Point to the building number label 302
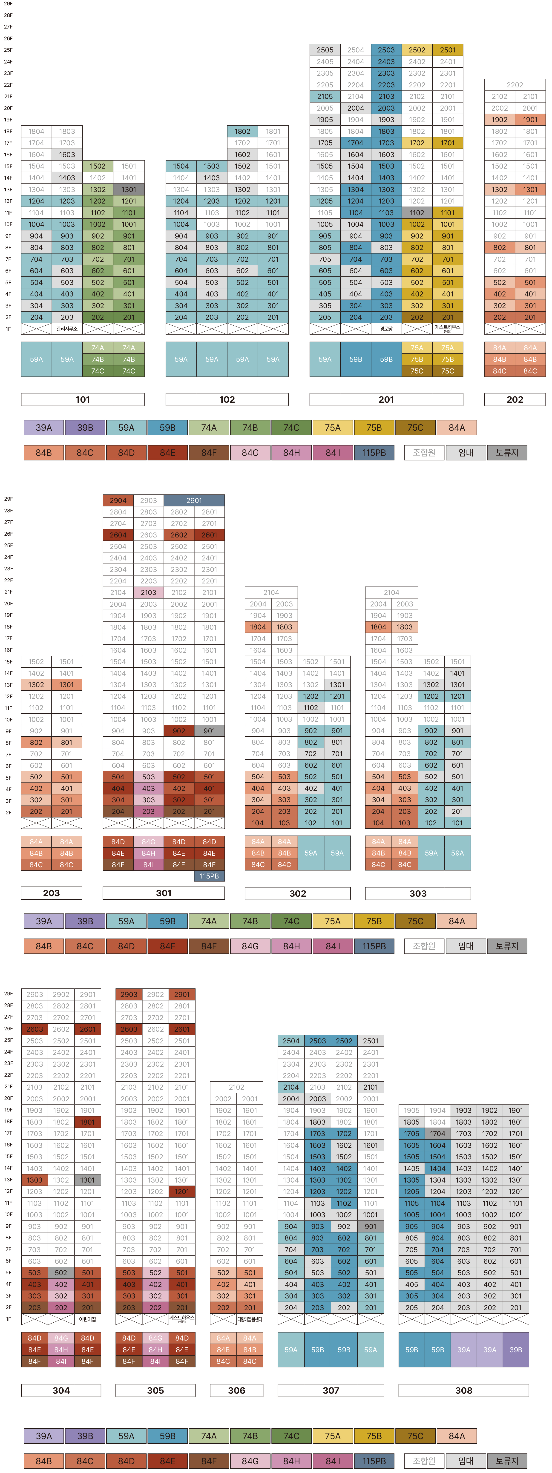pos(297,893)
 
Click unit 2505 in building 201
pos(325,50)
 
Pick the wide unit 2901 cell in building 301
pos(194,500)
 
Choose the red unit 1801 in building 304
pos(88,1122)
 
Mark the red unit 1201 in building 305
pos(182,1192)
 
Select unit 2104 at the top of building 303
pos(391,592)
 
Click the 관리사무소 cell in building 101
pos(67,329)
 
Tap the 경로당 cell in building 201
pos(386,329)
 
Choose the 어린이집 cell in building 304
pos(88,1319)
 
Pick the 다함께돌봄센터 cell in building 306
pos(249,1319)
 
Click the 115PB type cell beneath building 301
pos(209,876)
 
